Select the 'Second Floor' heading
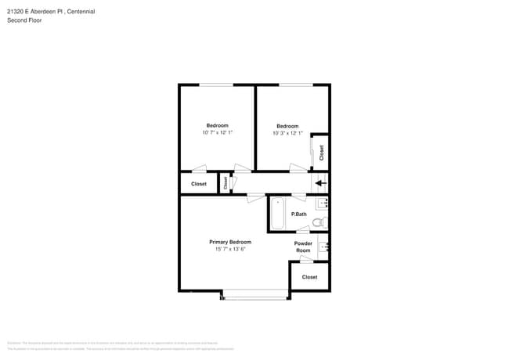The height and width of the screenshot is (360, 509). pos(24,20)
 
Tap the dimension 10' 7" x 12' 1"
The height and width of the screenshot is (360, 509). pos(217,133)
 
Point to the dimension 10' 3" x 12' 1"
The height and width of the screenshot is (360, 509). pos(287,133)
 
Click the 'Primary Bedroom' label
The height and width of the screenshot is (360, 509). pos(230,242)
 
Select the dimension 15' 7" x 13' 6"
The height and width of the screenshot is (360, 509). pos(230,250)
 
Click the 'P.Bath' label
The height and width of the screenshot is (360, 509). pos(298,214)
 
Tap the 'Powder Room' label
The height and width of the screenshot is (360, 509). pos(303,247)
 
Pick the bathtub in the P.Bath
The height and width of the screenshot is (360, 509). pos(277,214)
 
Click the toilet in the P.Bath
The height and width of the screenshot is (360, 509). pos(318,222)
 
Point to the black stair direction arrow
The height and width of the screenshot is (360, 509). pos(320,184)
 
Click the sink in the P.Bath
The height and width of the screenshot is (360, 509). pos(323,203)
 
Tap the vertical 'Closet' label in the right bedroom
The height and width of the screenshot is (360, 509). pos(321,153)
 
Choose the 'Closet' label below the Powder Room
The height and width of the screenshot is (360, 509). pos(309,277)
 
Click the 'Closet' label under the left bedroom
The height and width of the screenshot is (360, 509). pos(199,184)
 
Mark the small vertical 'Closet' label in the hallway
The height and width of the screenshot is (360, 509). pos(226,183)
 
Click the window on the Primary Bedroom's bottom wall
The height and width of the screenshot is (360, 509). pos(255,295)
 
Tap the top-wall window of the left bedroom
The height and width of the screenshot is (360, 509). pos(215,85)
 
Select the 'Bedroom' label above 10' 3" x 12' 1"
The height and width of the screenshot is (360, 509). pos(287,126)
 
